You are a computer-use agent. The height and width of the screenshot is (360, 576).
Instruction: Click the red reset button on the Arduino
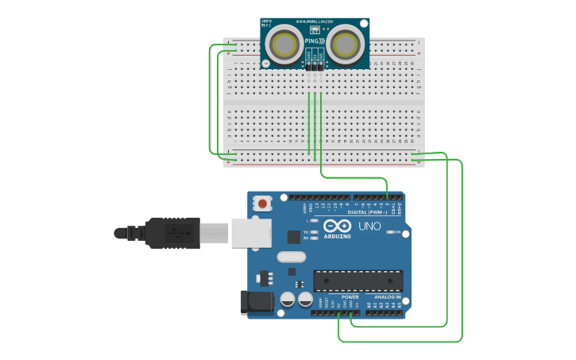[262, 203]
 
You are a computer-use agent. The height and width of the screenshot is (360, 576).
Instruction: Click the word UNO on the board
[369, 226]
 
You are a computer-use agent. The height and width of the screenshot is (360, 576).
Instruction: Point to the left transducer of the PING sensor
[284, 45]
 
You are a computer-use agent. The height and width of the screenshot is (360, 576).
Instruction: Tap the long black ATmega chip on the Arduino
[358, 281]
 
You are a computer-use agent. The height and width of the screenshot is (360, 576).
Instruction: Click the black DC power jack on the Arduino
[257, 303]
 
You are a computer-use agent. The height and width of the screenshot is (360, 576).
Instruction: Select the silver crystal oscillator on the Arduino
[292, 257]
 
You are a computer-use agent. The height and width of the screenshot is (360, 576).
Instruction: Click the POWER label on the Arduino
[350, 296]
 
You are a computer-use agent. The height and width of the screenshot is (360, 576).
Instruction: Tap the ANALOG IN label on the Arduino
[388, 296]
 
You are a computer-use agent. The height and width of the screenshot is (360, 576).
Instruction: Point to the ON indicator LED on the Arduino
[389, 232]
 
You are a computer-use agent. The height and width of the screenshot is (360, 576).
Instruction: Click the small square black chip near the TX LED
[294, 236]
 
